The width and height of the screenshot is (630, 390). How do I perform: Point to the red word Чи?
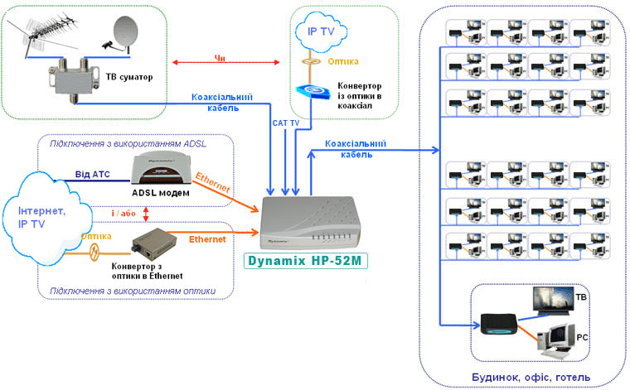220,58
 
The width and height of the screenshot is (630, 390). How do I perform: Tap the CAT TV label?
287,123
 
